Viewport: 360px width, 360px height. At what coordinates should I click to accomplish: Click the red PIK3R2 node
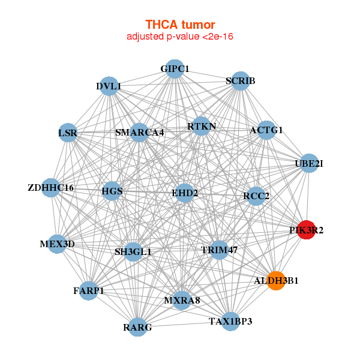pyautogui.click(x=307, y=230)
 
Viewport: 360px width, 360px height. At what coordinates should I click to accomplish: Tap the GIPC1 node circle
pyautogui.click(x=174, y=69)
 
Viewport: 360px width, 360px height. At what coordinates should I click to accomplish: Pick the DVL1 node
pyautogui.click(x=109, y=86)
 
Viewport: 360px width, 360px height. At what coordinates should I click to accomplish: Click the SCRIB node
pyautogui.click(x=241, y=81)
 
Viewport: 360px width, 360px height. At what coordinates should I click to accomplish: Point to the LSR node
pyautogui.click(x=68, y=132)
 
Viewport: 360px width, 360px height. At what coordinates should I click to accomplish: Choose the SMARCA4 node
pyautogui.click(x=139, y=132)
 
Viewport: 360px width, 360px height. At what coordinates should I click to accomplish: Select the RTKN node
pyautogui.click(x=202, y=126)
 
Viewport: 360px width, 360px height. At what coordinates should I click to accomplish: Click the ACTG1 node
pyautogui.click(x=266, y=130)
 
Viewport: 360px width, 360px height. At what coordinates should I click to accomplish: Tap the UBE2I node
pyautogui.click(x=309, y=163)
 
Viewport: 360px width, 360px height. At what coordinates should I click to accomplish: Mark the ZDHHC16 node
pyautogui.click(x=51, y=188)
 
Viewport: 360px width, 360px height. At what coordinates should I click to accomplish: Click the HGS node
pyautogui.click(x=112, y=192)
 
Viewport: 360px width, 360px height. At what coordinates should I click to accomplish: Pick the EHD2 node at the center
pyautogui.click(x=185, y=193)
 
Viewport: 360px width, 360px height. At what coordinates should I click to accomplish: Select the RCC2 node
pyautogui.click(x=256, y=196)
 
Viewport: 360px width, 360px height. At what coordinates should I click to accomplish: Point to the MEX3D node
pyautogui.click(x=57, y=244)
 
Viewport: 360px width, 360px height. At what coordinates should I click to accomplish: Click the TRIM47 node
pyautogui.click(x=220, y=250)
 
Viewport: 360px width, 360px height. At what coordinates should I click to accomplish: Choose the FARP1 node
pyautogui.click(x=89, y=291)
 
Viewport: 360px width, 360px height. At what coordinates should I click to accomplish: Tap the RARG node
pyautogui.click(x=138, y=327)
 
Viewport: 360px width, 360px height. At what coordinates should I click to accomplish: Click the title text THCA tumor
pyautogui.click(x=179, y=25)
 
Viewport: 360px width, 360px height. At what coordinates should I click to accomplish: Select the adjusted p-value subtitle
pyautogui.click(x=179, y=37)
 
